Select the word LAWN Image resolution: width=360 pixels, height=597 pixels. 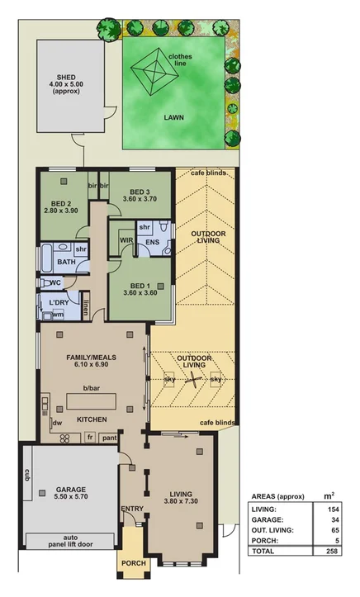tap(173, 118)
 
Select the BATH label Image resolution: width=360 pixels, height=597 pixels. tap(67, 263)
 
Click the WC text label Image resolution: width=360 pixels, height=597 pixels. tap(56, 282)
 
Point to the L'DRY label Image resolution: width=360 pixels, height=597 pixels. tap(59, 303)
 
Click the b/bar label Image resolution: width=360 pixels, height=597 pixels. tap(92, 387)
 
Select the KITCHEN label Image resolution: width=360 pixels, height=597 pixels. tap(92, 420)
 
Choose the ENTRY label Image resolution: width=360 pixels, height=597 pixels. tap(132, 509)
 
